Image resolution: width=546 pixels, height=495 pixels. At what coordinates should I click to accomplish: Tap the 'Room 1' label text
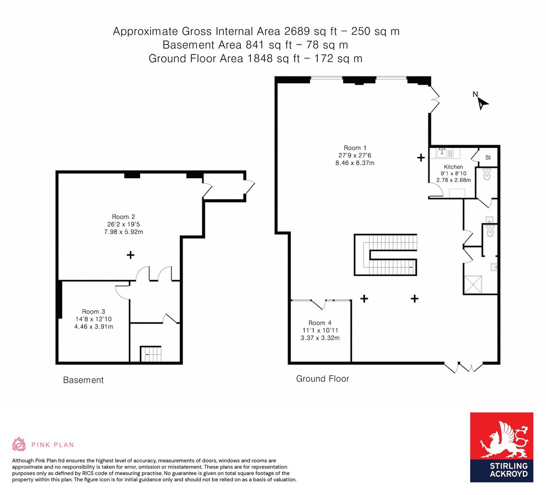(355, 147)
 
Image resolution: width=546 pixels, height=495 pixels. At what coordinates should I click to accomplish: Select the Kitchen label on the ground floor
(454, 167)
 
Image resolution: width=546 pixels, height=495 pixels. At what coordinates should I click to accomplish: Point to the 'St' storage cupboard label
(488, 158)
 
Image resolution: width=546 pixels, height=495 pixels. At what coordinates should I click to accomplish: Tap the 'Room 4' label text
(320, 323)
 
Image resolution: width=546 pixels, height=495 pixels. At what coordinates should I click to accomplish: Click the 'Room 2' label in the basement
(120, 217)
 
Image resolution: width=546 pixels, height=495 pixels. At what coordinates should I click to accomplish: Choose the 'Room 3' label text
(93, 311)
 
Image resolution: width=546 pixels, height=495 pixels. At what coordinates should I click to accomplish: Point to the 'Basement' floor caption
(83, 380)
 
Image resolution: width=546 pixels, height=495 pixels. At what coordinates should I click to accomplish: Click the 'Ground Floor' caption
(322, 378)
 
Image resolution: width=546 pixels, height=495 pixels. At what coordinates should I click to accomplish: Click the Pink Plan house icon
(19, 444)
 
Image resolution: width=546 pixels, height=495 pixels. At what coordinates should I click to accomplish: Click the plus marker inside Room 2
(130, 255)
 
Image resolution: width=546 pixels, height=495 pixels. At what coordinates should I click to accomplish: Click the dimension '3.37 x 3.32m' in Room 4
(320, 338)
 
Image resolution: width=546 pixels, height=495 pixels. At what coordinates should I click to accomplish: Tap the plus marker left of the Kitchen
(421, 158)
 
